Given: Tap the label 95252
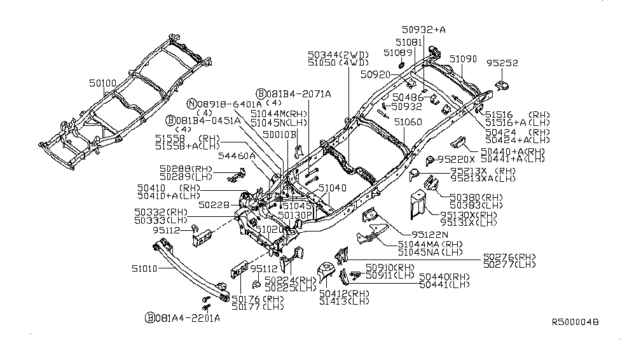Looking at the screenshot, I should click(x=502, y=64).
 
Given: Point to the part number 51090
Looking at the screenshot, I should click(x=463, y=59).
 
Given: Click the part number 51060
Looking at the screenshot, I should click(x=406, y=121).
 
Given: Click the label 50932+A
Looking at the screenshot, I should click(x=424, y=29).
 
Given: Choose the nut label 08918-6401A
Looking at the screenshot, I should click(x=228, y=103).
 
